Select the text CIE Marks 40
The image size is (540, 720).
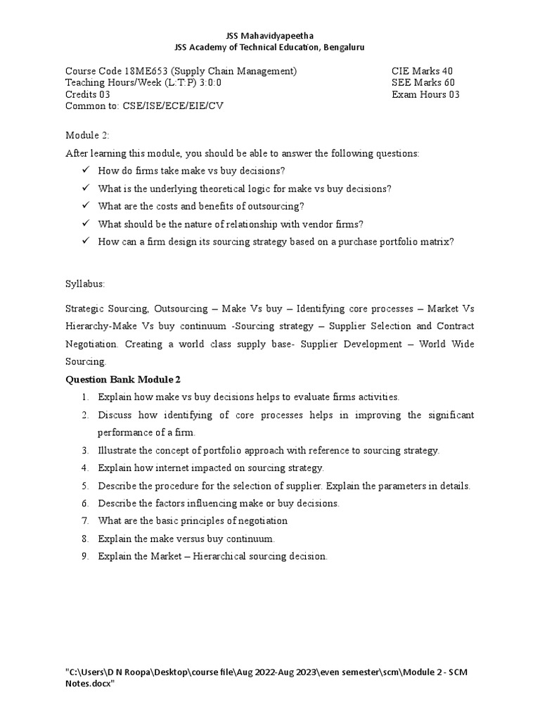[x=423, y=71]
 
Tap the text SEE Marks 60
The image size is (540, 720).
[x=423, y=83]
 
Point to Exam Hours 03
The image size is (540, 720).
[x=425, y=95]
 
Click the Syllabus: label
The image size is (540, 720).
[x=84, y=283]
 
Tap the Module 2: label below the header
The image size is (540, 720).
[x=87, y=135]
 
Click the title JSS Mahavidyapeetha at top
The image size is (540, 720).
[x=270, y=35]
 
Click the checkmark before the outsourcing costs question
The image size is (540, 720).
[x=85, y=206]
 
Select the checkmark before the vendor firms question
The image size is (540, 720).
[x=85, y=224]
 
